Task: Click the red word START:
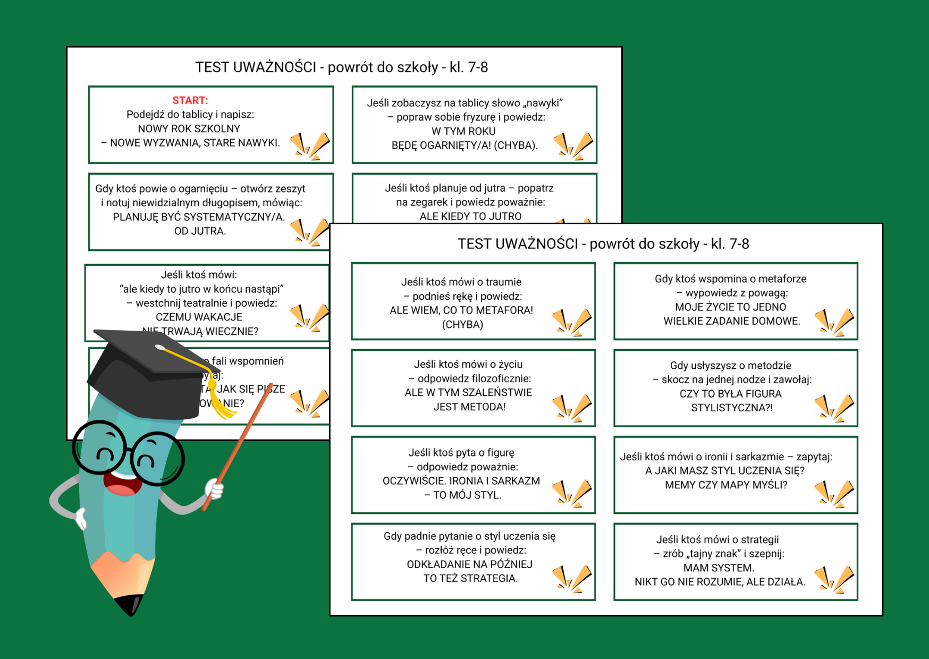coord(190,100)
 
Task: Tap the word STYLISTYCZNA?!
coord(732,408)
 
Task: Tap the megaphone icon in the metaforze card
coord(834,322)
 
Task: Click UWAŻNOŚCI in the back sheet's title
coord(274,67)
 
